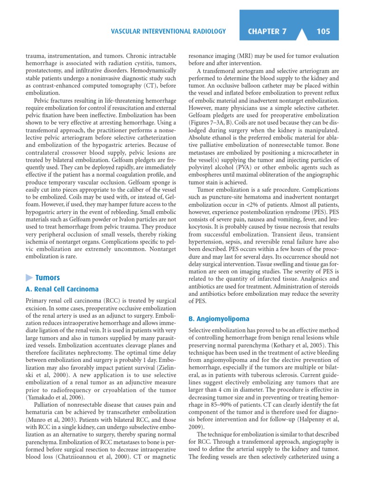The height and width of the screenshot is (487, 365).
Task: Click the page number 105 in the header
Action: (x=323, y=31)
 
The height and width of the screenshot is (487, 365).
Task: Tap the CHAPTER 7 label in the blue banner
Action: (x=267, y=31)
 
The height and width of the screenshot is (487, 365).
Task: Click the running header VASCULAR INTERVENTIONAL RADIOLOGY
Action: (x=168, y=32)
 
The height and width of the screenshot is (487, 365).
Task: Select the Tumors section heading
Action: (x=48, y=278)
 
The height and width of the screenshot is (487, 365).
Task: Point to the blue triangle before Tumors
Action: (x=29, y=278)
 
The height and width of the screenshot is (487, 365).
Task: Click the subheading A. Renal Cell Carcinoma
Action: (x=62, y=289)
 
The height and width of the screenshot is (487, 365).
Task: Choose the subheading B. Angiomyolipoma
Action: (x=219, y=319)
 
